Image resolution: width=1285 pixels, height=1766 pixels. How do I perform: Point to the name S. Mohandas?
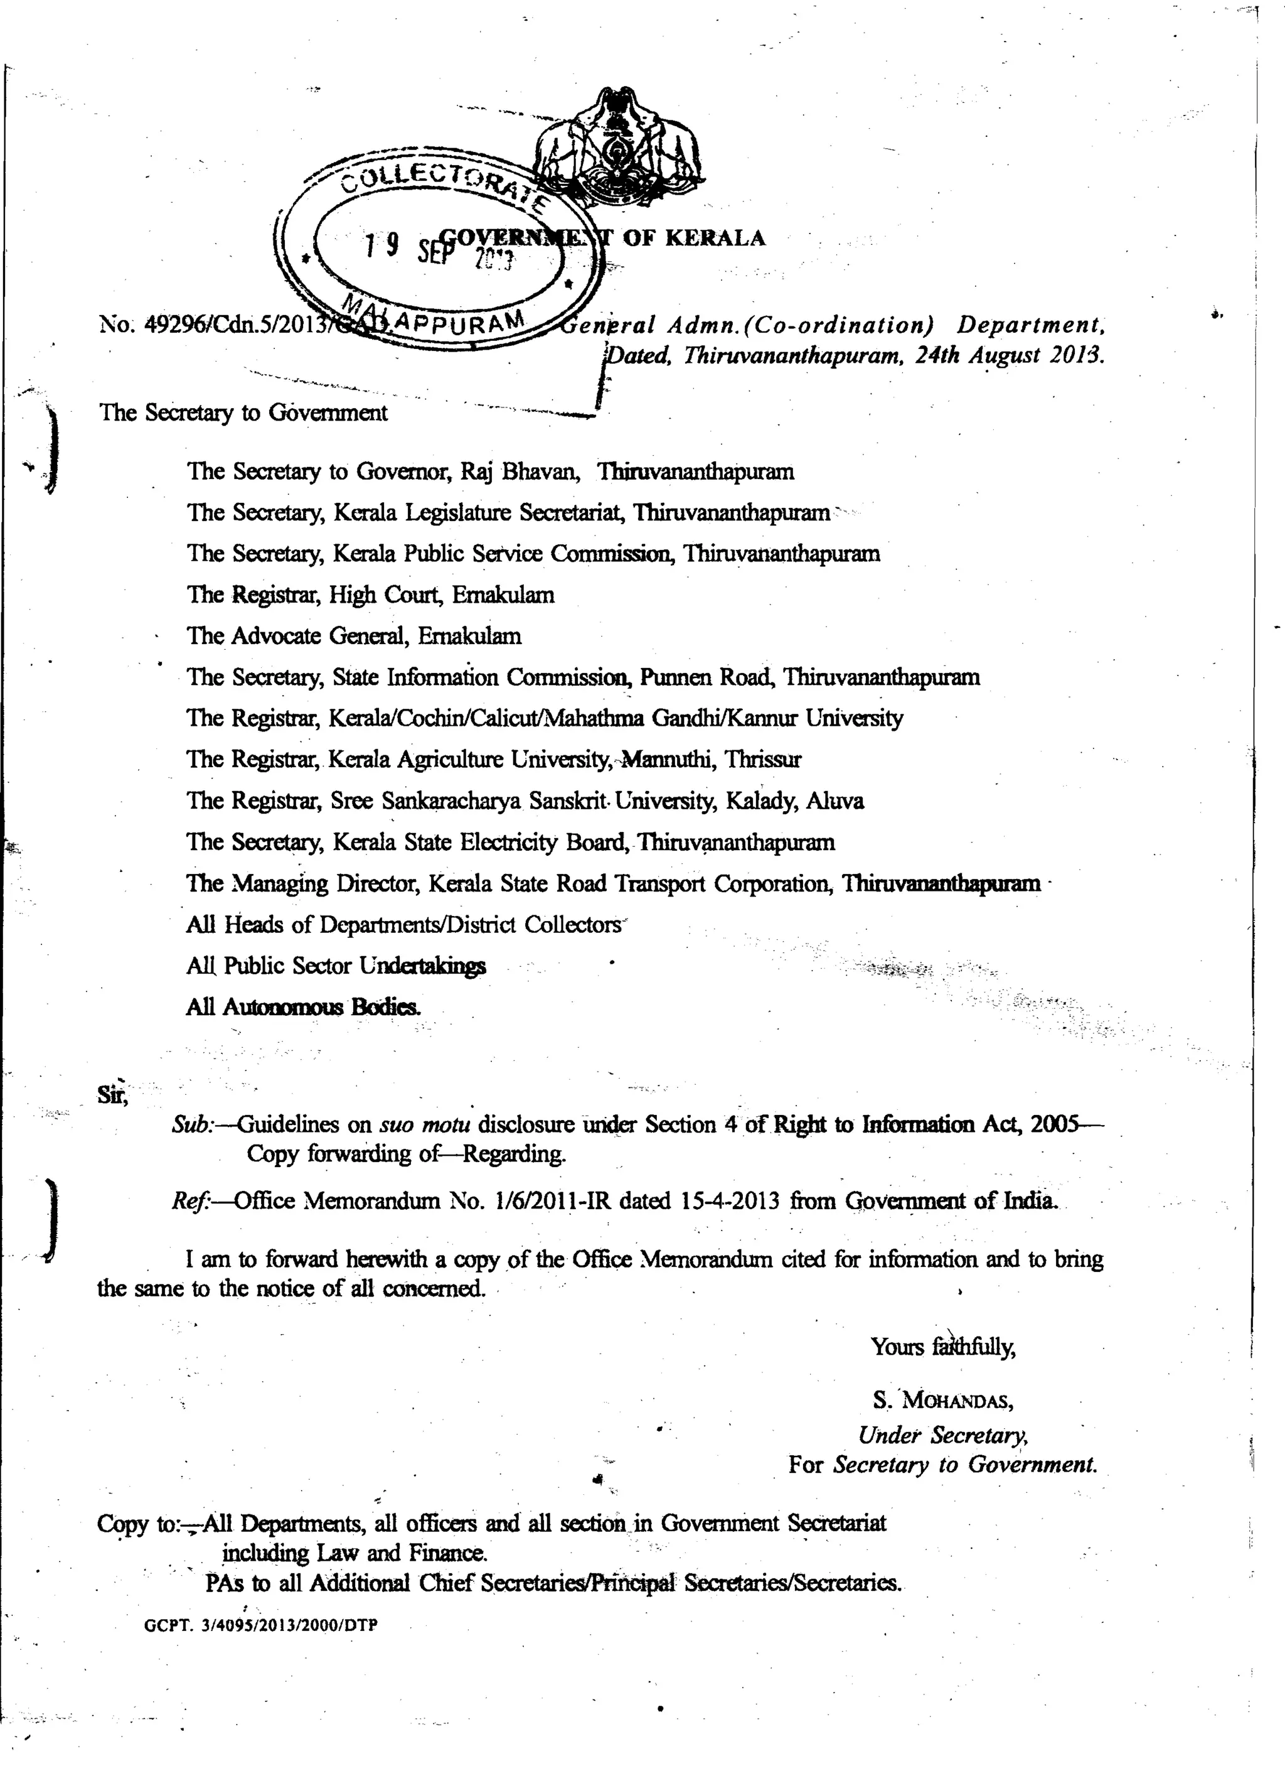[942, 1401]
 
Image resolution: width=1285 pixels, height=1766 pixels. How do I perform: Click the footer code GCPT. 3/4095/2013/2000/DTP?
[262, 1626]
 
